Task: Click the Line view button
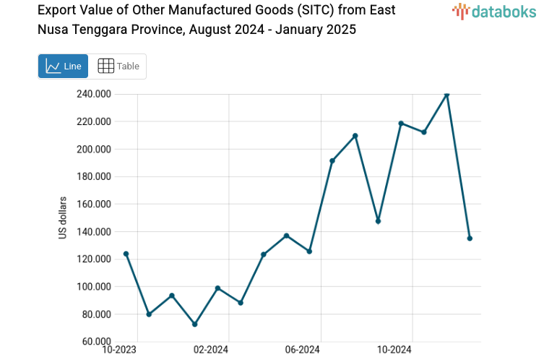coord(63,67)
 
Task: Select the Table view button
coord(118,67)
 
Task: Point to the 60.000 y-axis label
coord(95,342)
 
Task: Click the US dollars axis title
coord(63,218)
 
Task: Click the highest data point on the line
coord(446,94)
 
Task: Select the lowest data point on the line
coord(194,324)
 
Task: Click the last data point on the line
coord(470,238)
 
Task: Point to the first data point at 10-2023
coord(126,254)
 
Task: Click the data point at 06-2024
coord(309,251)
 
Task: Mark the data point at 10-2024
coord(401,124)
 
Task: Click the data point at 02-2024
coord(217,288)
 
